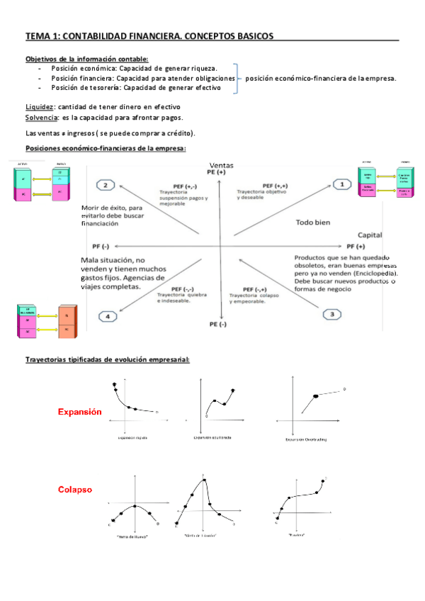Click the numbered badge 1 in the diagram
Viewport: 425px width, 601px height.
coord(343,184)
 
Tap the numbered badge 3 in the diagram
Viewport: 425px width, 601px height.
coord(332,313)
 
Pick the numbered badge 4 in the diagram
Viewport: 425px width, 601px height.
coord(108,317)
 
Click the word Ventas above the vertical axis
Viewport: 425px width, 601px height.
coord(222,165)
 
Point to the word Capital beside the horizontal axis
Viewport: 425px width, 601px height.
coord(370,234)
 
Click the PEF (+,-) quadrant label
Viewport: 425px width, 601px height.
coord(176,186)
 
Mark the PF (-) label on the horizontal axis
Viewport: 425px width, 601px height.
coord(101,245)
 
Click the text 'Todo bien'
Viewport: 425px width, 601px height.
coord(312,223)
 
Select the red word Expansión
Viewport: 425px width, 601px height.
coord(79,412)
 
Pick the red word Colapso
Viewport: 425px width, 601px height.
coord(74,490)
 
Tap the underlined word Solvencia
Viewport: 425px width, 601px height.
coord(41,117)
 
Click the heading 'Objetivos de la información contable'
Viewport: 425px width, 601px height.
coord(86,59)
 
